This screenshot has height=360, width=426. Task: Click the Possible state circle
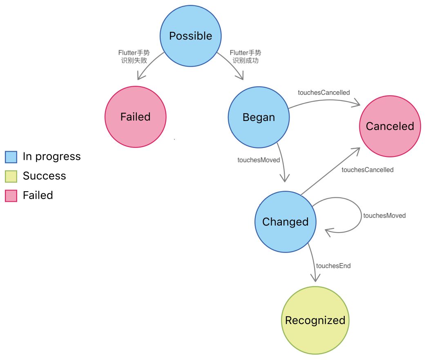(191, 36)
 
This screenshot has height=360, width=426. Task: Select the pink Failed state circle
(136, 117)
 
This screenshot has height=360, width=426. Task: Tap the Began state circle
(259, 117)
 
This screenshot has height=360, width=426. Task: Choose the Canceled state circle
(390, 126)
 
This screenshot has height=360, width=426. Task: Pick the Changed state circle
(285, 222)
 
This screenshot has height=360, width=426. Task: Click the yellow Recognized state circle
(315, 320)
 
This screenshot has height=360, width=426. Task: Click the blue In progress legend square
(11, 157)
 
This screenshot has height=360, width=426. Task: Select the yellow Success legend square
(11, 176)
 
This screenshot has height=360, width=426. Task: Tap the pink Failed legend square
(11, 196)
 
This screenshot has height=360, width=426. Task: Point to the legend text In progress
(51, 157)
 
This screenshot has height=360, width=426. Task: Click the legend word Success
(44, 176)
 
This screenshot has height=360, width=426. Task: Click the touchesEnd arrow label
(333, 266)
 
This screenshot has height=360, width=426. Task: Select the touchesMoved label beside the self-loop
(384, 216)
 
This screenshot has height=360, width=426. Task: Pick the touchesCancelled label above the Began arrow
(324, 93)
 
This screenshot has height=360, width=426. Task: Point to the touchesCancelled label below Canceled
(368, 170)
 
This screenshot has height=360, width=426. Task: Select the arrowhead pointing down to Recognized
(315, 278)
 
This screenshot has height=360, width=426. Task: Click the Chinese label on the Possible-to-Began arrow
(245, 56)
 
